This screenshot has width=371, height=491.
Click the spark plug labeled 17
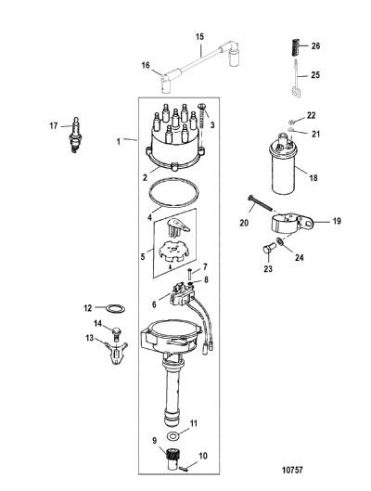[x=76, y=136]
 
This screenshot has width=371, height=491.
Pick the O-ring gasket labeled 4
[x=173, y=193]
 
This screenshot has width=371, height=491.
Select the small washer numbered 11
[x=172, y=435]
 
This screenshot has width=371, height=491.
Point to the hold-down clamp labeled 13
[x=117, y=353]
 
